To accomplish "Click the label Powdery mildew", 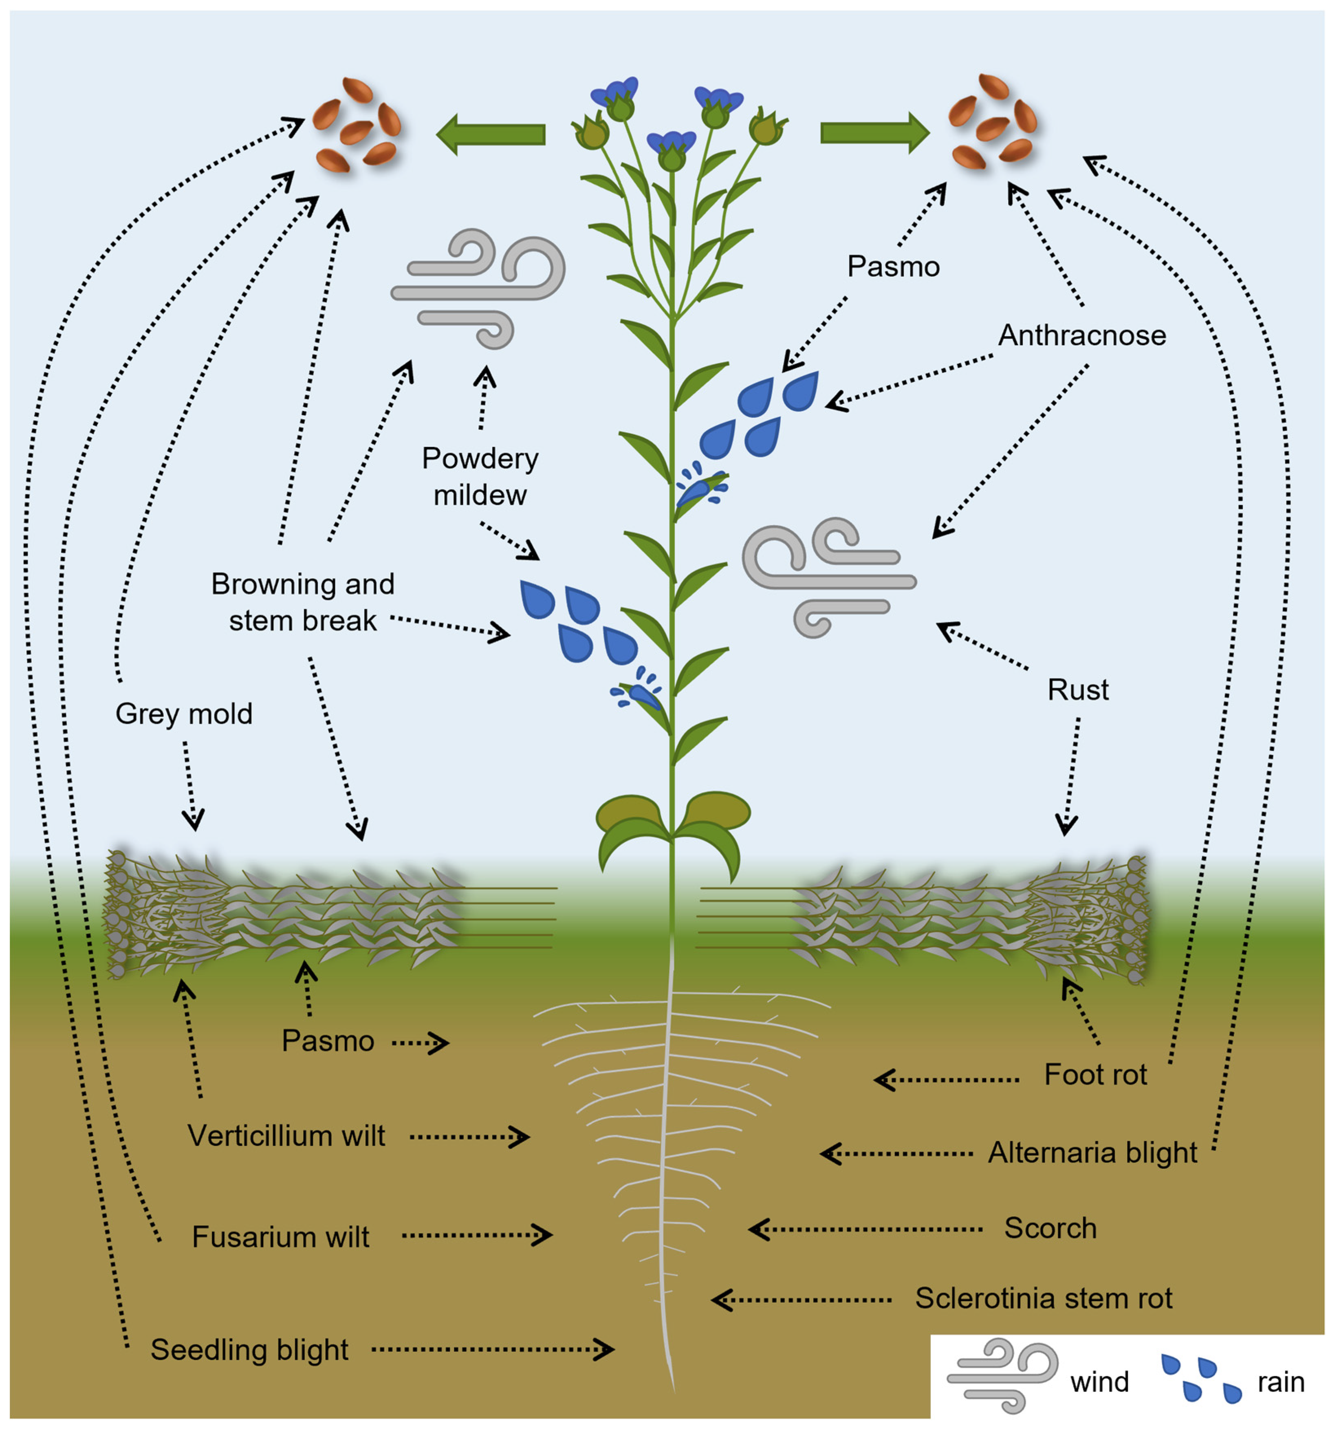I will click(480, 476).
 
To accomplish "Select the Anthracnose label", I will click(1082, 335).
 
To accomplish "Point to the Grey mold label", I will click(184, 714).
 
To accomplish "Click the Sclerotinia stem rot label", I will click(1044, 1298).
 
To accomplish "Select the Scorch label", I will click(1050, 1228).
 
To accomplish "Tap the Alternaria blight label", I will click(1092, 1152).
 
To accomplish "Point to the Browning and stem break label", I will click(303, 602).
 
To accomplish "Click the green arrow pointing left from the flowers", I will click(491, 134).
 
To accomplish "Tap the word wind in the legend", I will click(1099, 1382).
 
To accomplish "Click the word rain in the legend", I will click(1280, 1382).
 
